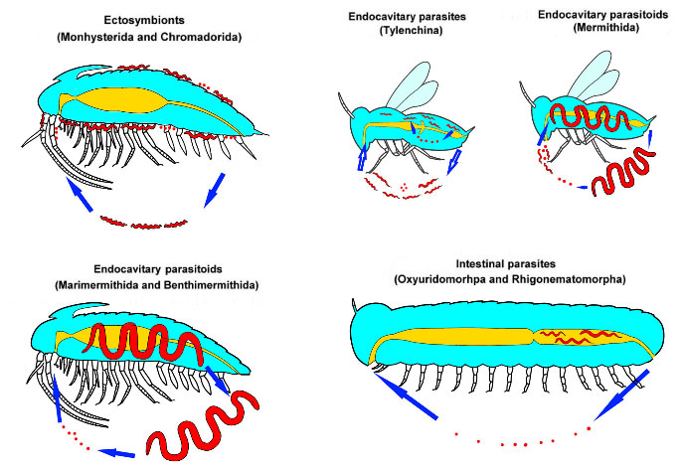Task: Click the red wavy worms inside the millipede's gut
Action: tap(581, 339)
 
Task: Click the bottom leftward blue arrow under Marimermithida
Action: tap(121, 453)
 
